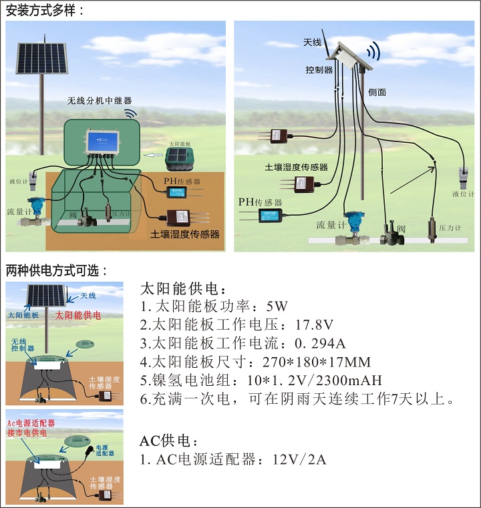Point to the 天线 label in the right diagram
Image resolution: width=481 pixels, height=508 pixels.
312,42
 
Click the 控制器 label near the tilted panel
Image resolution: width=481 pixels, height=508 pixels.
319,69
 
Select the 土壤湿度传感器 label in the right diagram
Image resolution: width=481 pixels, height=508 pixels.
297,167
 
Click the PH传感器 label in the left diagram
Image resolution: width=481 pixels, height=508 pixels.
182,181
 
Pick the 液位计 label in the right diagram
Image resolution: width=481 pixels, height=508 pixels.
462,195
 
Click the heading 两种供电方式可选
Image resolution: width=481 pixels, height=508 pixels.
56,271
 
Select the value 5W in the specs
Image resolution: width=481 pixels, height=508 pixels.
276,307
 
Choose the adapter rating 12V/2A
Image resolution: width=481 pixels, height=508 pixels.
299,460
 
